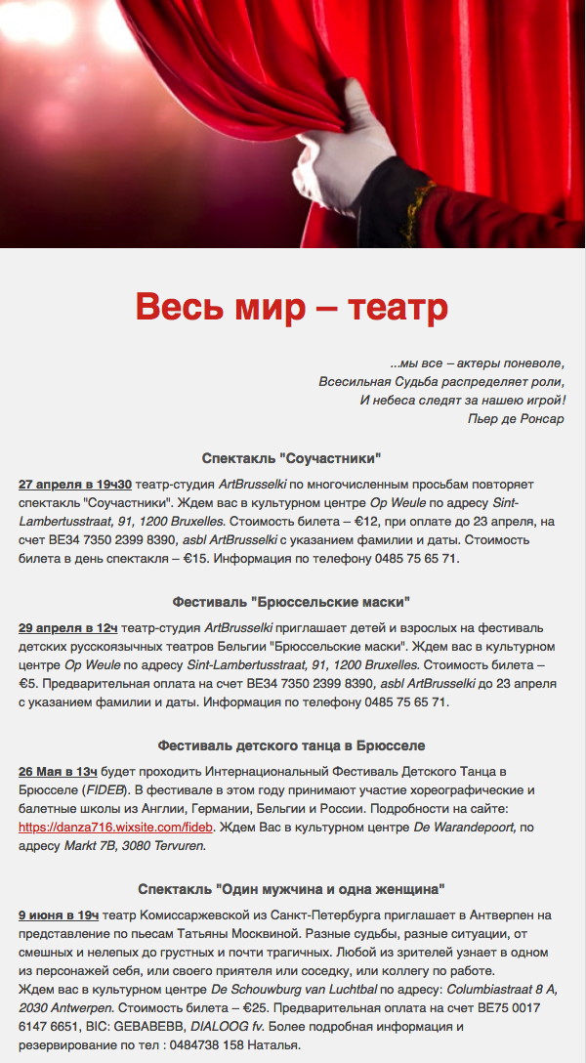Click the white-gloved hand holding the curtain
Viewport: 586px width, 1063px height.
(337, 147)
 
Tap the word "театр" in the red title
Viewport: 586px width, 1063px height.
(399, 307)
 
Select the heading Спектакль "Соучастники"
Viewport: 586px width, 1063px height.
(291, 458)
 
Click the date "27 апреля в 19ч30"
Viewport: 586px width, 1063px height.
(75, 485)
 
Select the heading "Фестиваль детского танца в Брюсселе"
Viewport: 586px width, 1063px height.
(291, 745)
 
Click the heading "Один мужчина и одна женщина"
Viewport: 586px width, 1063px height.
(291, 889)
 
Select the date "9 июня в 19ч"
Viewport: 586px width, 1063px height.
(59, 914)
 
